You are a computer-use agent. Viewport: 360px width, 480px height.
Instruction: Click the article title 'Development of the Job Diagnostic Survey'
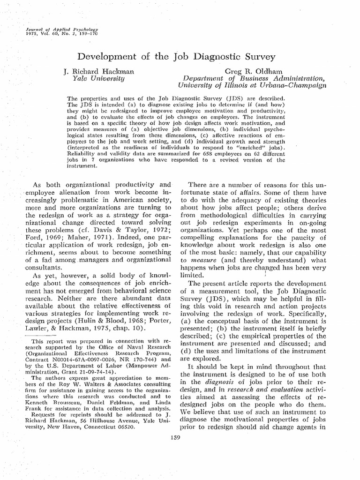point(176,57)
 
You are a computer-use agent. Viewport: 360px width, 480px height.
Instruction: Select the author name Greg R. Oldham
point(252,71)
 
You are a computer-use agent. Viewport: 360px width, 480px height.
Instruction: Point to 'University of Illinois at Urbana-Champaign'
point(252,86)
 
